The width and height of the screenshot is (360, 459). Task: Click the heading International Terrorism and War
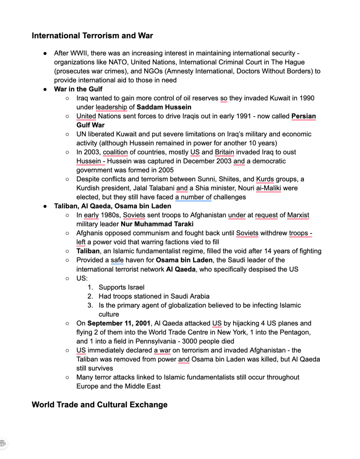(92, 36)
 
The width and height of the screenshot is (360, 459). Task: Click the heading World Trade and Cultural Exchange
(99, 405)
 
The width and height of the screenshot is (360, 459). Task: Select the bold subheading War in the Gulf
(78, 89)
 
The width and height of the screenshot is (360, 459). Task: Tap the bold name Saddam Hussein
(164, 107)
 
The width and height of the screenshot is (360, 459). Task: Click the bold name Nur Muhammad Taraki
(157, 224)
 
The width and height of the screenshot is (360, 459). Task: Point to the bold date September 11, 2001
(119, 323)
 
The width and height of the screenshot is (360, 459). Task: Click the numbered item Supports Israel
(121, 287)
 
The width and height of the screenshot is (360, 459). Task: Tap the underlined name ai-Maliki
(268, 188)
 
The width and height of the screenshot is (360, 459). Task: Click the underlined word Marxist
(298, 215)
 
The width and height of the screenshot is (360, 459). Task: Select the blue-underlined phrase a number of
(193, 197)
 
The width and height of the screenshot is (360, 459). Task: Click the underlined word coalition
(115, 152)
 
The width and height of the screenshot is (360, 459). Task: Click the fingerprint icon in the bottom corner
(3, 444)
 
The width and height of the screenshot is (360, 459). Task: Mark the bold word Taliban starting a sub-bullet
(88, 251)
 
